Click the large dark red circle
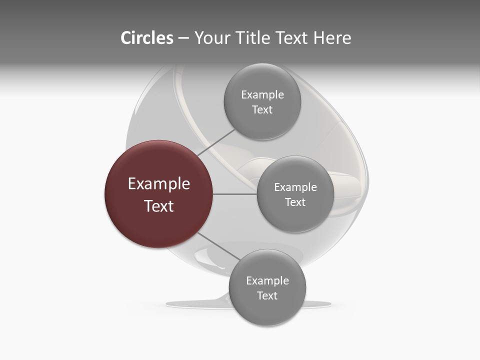point(159,194)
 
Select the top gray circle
point(262,101)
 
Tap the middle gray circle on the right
point(295,194)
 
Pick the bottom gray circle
point(267,287)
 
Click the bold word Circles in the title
point(147,38)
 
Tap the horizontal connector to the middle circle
point(235,194)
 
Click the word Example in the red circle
point(159,183)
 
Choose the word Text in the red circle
point(159,205)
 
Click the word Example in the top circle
point(262,94)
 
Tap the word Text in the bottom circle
point(267,295)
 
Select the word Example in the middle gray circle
point(295,187)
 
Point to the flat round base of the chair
point(200,303)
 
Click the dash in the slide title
point(183,38)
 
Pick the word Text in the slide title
point(292,38)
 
